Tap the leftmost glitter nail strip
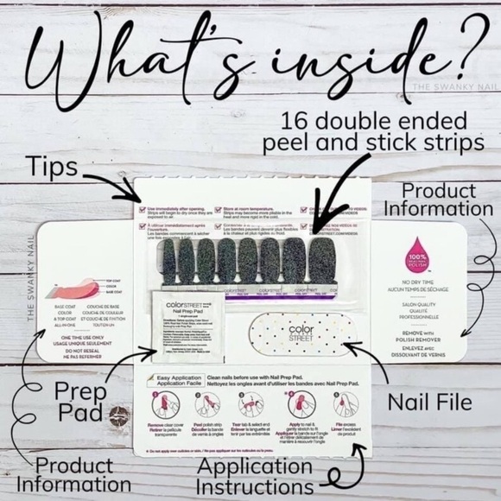163,259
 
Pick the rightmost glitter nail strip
322,261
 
